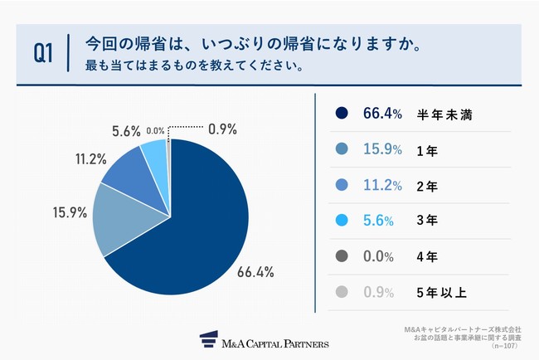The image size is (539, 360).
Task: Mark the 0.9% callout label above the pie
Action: pyautogui.click(x=223, y=129)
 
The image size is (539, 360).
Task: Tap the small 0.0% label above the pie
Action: pyautogui.click(x=154, y=130)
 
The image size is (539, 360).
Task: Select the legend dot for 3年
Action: pyautogui.click(x=341, y=222)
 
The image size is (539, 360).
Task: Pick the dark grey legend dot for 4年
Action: pyautogui.click(x=341, y=258)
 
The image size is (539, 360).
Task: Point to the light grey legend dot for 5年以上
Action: pyautogui.click(x=341, y=294)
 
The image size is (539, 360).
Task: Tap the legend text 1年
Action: pyautogui.click(x=425, y=151)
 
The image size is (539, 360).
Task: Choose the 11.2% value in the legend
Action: pyautogui.click(x=383, y=187)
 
